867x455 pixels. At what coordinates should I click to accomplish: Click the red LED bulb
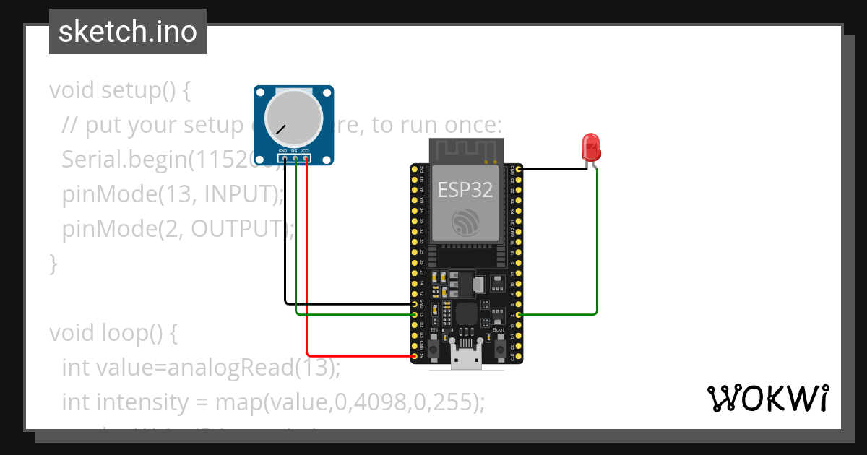(x=592, y=147)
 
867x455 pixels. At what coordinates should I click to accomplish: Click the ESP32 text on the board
(x=465, y=190)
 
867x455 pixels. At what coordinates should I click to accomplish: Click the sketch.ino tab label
(x=128, y=32)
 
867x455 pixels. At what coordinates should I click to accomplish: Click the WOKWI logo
(x=767, y=398)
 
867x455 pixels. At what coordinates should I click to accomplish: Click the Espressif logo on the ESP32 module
(x=465, y=222)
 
